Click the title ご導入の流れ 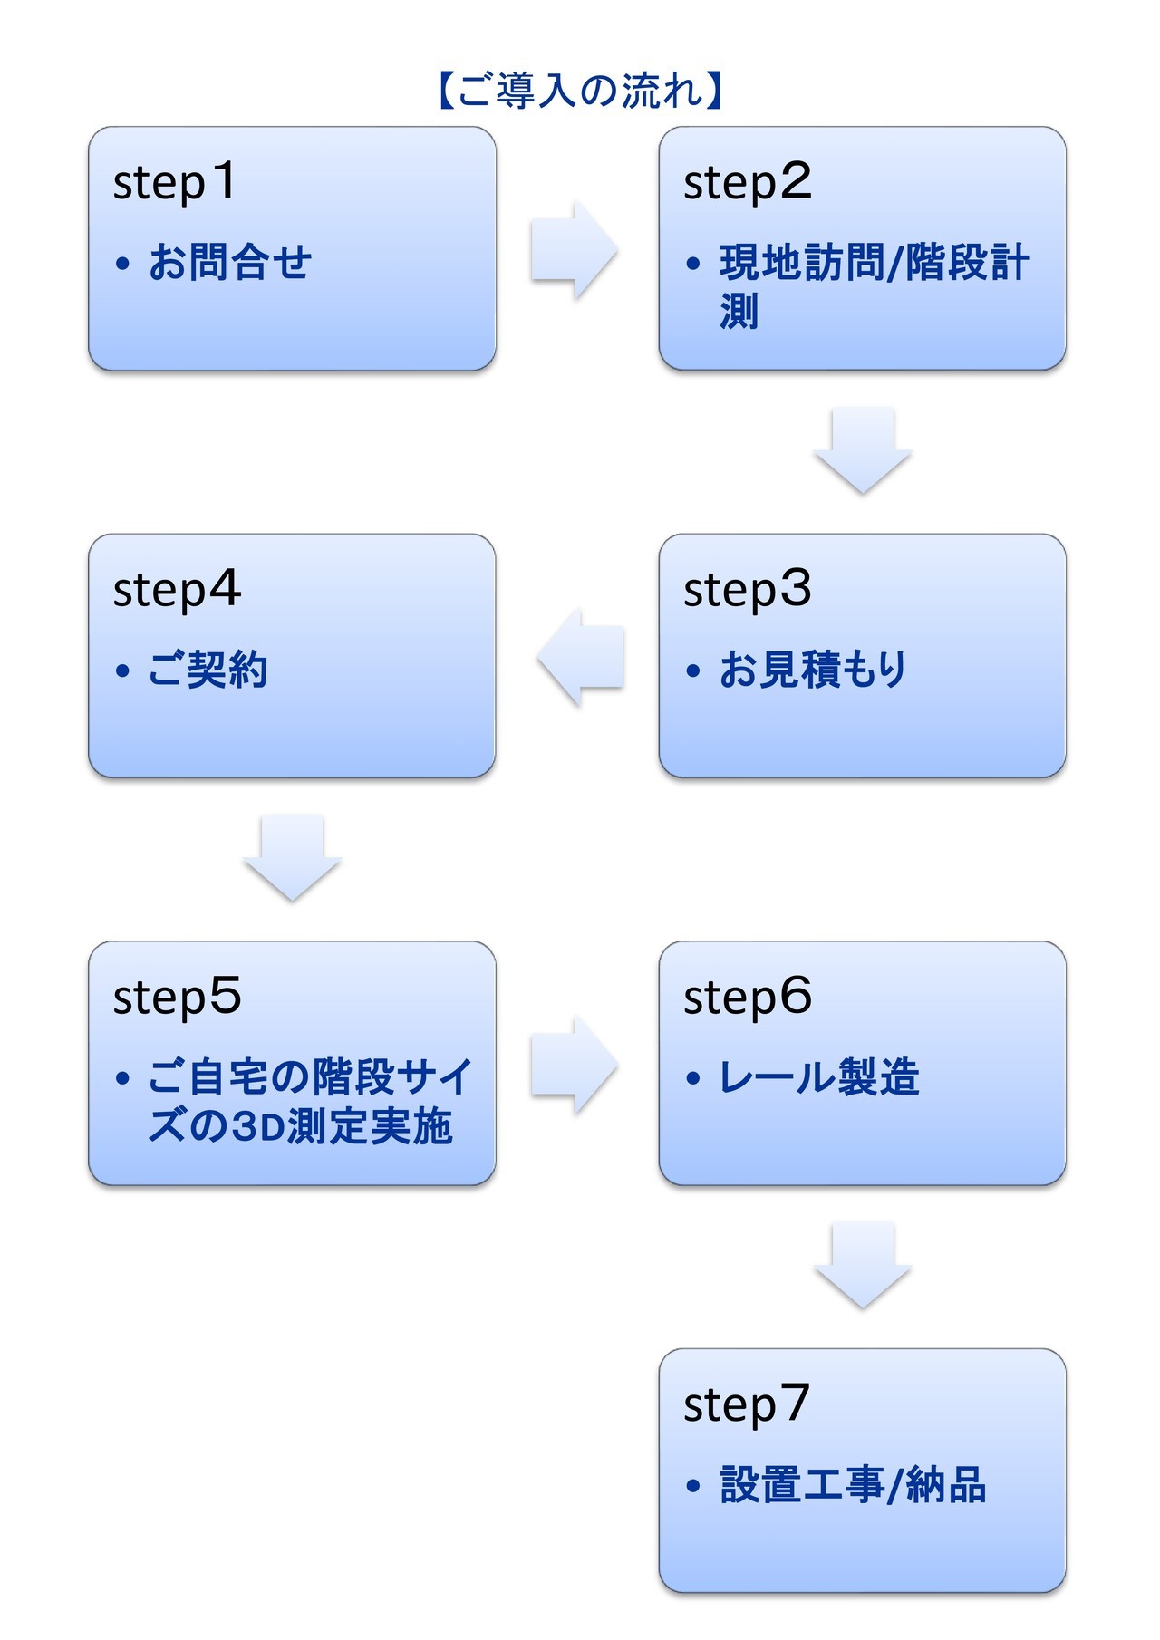point(580,92)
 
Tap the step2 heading point(747,182)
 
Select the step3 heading point(747,590)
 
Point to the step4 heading point(177,590)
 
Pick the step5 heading point(177,997)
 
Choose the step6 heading point(747,997)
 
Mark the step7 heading point(746,1404)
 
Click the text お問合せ point(230,263)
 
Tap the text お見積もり point(813,670)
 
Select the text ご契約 point(208,670)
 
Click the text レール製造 point(819,1077)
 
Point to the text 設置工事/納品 point(853,1485)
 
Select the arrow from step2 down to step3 point(862,450)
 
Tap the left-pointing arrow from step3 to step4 point(581,657)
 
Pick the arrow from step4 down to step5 point(292,857)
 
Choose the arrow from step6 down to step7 point(862,1265)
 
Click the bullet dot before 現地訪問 point(694,265)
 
